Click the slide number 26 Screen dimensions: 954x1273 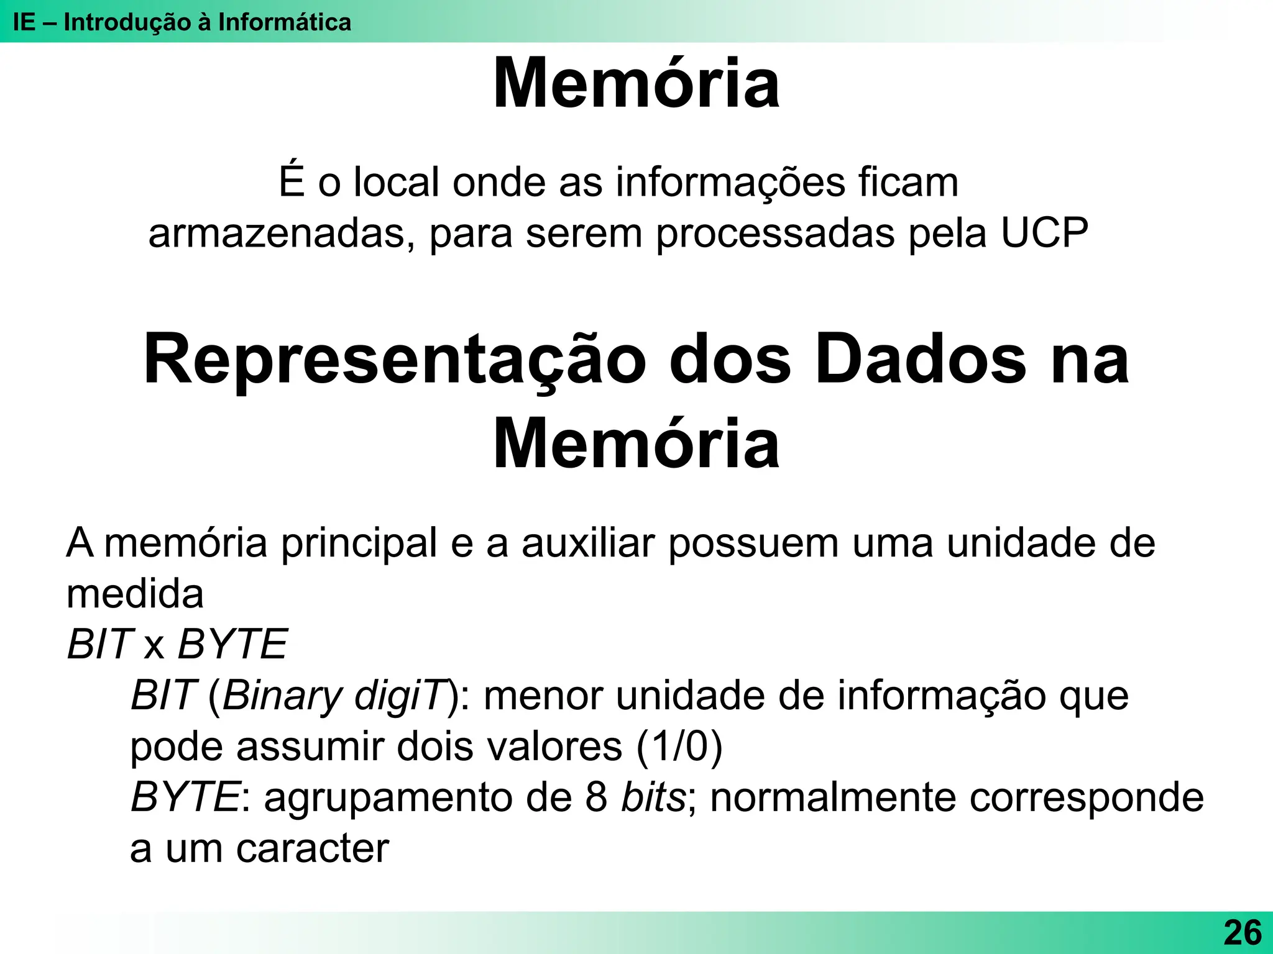(1243, 933)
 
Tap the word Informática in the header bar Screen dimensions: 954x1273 (284, 22)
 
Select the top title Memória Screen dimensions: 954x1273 (636, 84)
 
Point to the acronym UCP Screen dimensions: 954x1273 (1044, 234)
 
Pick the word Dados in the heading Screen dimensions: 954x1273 (921, 360)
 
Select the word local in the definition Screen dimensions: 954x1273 (397, 183)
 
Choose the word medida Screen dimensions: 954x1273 (135, 594)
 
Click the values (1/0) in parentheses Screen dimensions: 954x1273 (679, 747)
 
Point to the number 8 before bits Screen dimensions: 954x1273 (596, 797)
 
